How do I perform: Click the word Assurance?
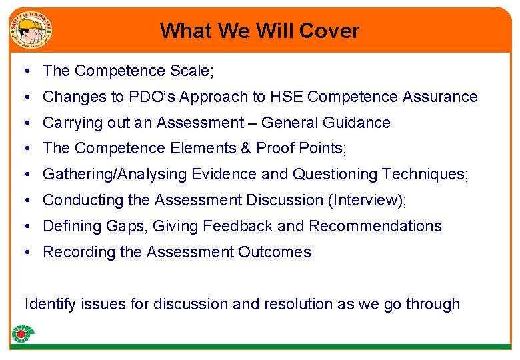(440, 97)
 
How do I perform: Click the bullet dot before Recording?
(25, 252)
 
